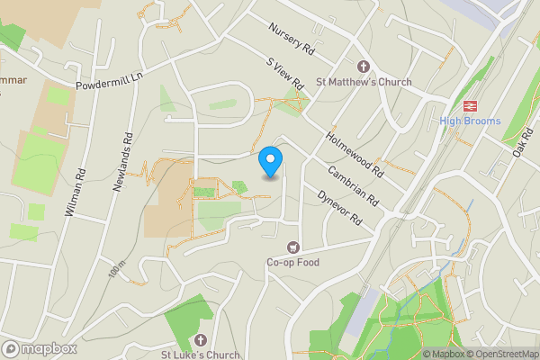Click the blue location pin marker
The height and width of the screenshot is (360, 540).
(x=270, y=161)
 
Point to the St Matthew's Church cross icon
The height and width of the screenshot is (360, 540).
(x=364, y=67)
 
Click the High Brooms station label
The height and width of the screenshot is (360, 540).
(x=471, y=121)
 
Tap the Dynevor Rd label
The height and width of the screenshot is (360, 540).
(x=337, y=206)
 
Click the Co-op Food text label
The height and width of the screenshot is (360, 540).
(x=292, y=263)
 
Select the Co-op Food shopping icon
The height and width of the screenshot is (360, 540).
(x=292, y=247)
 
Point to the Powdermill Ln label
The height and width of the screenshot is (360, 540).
(x=110, y=80)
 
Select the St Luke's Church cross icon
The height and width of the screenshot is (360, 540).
(x=200, y=340)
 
